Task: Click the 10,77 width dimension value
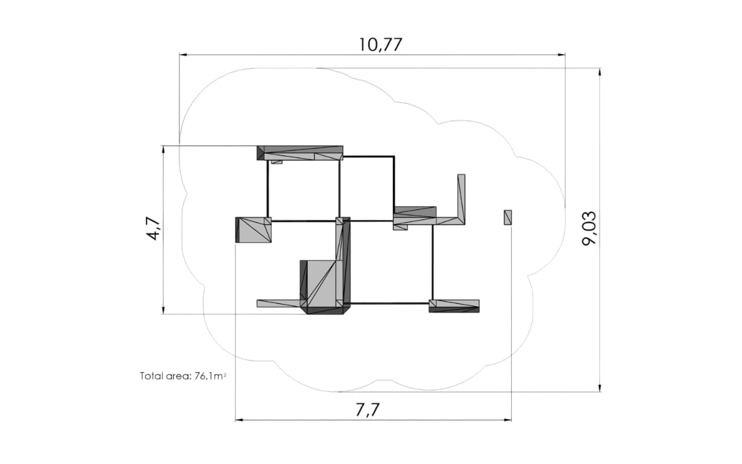[x=381, y=45]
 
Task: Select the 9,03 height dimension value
[x=590, y=228]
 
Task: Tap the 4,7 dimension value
[x=153, y=229]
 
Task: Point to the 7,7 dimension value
[x=368, y=410]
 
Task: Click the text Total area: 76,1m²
[x=183, y=376]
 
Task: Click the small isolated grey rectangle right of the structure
[x=508, y=217]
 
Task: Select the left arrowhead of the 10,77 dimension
[x=183, y=55]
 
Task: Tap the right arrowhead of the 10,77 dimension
[x=562, y=55]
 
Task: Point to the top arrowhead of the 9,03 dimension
[x=600, y=72]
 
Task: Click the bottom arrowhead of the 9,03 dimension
[x=600, y=388]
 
